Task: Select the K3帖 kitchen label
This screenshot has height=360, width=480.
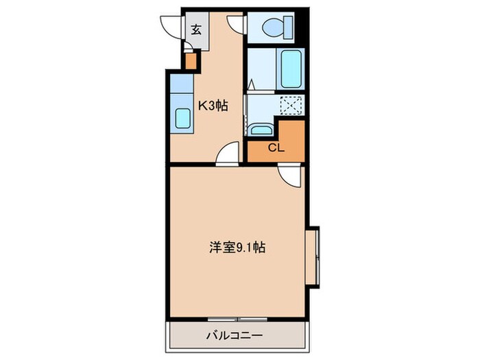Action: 213,106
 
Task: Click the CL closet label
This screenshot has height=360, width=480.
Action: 275,148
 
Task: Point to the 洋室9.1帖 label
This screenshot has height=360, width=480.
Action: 237,248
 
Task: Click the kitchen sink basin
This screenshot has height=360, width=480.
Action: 182,119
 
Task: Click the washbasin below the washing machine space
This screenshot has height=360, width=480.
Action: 261,129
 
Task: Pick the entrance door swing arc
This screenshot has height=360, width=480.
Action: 172,24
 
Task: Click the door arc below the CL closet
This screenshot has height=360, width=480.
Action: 291,177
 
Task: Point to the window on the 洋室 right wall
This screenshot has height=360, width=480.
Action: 317,254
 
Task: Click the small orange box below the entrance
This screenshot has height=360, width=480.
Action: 191,62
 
